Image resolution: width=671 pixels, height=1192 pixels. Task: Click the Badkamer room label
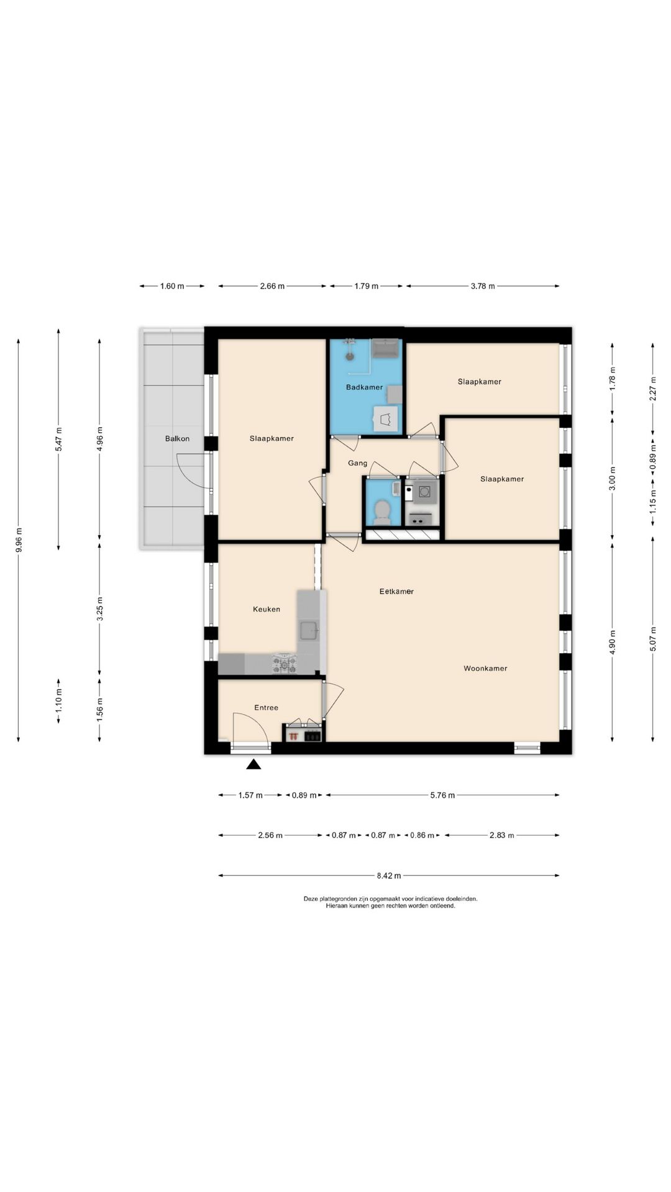pyautogui.click(x=364, y=387)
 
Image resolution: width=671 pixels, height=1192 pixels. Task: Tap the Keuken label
pyautogui.click(x=267, y=609)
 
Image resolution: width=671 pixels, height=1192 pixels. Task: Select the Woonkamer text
pyautogui.click(x=485, y=669)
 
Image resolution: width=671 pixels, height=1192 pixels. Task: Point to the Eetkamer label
pyautogui.click(x=396, y=592)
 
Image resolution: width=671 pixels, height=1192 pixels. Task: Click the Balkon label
pyautogui.click(x=177, y=438)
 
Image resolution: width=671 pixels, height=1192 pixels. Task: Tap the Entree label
pyautogui.click(x=267, y=708)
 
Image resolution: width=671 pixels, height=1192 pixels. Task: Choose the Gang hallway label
pyautogui.click(x=358, y=463)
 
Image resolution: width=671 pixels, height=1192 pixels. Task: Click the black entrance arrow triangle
pyautogui.click(x=253, y=764)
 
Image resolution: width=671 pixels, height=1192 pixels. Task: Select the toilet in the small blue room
pyautogui.click(x=381, y=511)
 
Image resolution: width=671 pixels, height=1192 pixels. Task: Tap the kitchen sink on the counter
pyautogui.click(x=309, y=630)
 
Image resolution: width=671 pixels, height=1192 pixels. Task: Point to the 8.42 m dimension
pyautogui.click(x=389, y=876)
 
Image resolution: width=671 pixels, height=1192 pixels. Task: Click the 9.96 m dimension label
pyautogui.click(x=19, y=540)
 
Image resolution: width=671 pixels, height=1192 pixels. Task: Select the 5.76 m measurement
pyautogui.click(x=442, y=795)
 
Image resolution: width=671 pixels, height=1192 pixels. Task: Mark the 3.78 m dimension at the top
pyautogui.click(x=483, y=286)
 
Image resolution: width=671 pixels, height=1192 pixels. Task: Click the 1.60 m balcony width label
pyautogui.click(x=172, y=286)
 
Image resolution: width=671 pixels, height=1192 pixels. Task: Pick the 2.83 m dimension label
pyautogui.click(x=502, y=836)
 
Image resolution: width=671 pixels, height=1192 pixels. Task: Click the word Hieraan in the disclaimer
pyautogui.click(x=336, y=906)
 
